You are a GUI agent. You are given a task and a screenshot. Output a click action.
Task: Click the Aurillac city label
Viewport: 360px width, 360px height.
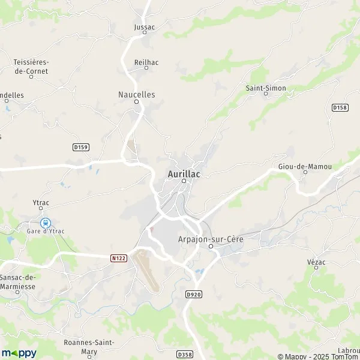[x=184, y=173]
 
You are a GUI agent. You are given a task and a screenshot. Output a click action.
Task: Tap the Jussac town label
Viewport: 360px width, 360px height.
[x=145, y=26]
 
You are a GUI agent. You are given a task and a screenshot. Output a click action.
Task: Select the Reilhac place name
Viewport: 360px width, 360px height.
[x=146, y=61]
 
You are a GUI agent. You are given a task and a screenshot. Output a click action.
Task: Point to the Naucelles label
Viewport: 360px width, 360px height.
[x=137, y=94]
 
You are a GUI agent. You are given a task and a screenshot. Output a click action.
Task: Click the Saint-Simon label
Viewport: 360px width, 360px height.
[x=266, y=88]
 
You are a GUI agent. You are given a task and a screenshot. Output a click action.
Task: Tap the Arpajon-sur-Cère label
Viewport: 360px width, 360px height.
[x=211, y=238]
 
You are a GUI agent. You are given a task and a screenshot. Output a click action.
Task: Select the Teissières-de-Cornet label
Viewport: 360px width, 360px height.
[x=31, y=66]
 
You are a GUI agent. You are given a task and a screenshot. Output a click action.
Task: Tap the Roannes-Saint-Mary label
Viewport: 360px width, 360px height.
[x=89, y=346]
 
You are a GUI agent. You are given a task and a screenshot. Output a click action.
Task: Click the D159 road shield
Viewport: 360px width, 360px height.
[x=80, y=147]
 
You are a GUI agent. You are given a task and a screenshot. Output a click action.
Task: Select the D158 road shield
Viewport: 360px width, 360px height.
[x=340, y=107]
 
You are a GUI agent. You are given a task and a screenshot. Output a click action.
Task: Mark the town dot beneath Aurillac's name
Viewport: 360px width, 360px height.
[x=184, y=181]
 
